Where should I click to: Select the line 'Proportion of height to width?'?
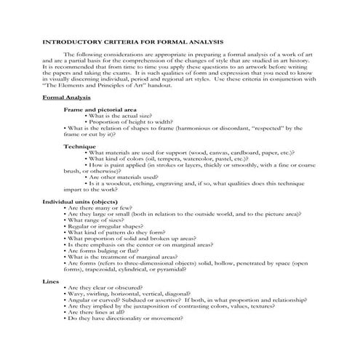(x=135, y=121)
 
